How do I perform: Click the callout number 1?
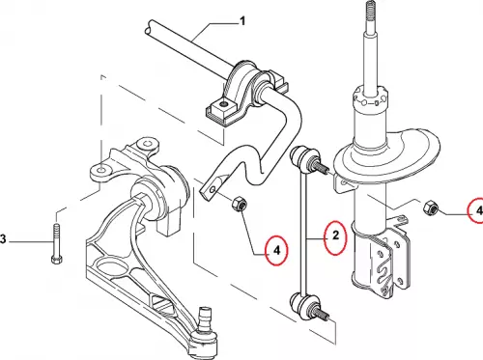[x=242, y=21]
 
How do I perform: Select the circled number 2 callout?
[x=335, y=237]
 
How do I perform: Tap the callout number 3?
[x=3, y=239]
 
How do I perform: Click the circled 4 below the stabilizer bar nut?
[x=276, y=250]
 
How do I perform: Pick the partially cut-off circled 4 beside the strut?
[x=476, y=210]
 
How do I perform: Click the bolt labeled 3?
[x=56, y=244]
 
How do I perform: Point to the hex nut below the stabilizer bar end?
[x=240, y=204]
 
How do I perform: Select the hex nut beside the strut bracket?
[x=430, y=208]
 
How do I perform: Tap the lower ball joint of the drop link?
[x=304, y=304]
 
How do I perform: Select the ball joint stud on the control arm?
[x=205, y=318]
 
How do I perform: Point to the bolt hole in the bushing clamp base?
[x=223, y=104]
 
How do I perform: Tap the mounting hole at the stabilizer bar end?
[x=212, y=190]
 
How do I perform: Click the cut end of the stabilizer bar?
[x=150, y=27]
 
